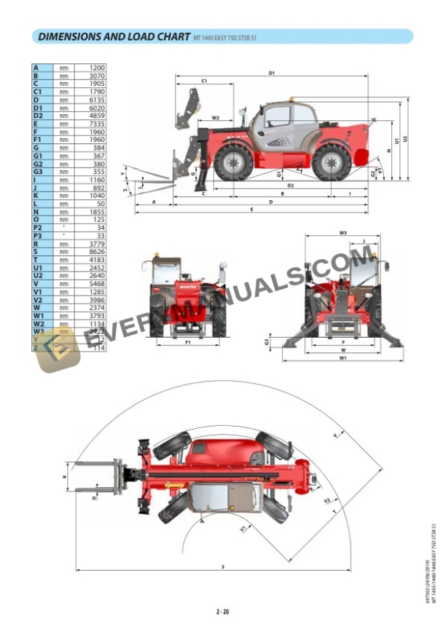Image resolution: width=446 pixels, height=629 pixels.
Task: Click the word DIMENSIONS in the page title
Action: [x=69, y=36]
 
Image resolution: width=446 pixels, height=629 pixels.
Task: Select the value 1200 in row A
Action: [x=96, y=68]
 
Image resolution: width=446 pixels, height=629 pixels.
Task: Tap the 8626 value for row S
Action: [x=96, y=251]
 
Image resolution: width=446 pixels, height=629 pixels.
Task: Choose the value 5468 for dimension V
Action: [x=96, y=284]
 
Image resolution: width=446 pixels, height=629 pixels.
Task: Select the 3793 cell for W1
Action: [x=96, y=316]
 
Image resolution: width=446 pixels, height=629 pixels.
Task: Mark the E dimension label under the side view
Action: [x=251, y=210]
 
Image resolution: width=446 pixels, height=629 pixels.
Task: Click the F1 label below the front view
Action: [x=187, y=341]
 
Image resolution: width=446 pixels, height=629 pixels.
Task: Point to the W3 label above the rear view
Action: [x=342, y=233]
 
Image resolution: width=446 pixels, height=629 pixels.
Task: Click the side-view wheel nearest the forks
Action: [x=231, y=162]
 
